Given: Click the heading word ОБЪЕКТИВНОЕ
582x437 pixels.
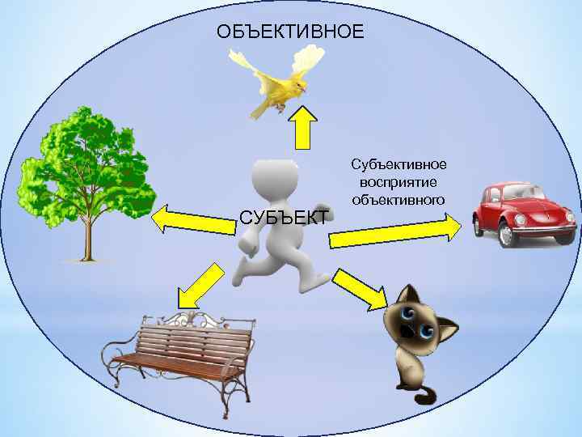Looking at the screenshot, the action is (x=290, y=32).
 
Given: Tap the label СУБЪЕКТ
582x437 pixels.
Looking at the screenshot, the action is (x=284, y=217).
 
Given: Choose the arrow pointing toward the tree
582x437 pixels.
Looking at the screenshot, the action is (x=191, y=219).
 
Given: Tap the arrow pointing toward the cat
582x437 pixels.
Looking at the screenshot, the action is (x=360, y=290).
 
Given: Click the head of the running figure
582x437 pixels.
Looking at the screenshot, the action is (x=274, y=180).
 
